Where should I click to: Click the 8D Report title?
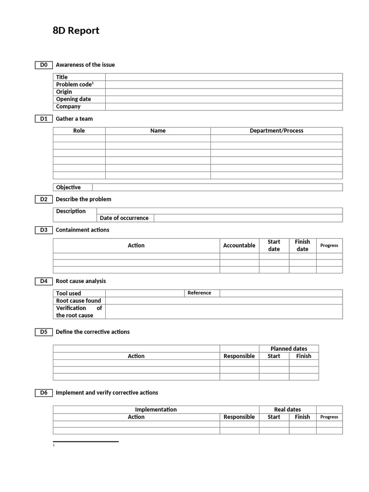point(76,31)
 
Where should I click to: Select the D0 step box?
point(44,65)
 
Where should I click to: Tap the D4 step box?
point(44,281)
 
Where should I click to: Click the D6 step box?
point(44,393)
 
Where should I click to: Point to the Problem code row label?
point(74,85)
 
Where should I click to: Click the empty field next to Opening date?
point(223,99)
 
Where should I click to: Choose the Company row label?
point(68,107)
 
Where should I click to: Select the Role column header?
point(79,131)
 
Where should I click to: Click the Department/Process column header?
point(276,131)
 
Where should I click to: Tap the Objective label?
point(68,187)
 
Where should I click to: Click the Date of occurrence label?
point(124,218)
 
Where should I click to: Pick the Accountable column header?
point(239,246)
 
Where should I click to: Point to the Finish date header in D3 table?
point(302,246)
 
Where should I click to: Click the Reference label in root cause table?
point(199,293)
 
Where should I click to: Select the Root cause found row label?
point(78,301)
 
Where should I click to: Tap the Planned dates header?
point(289,349)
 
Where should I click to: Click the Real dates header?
point(287,410)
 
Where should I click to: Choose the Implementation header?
point(156,410)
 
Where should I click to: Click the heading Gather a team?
point(74,119)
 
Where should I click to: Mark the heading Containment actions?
point(83,230)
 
